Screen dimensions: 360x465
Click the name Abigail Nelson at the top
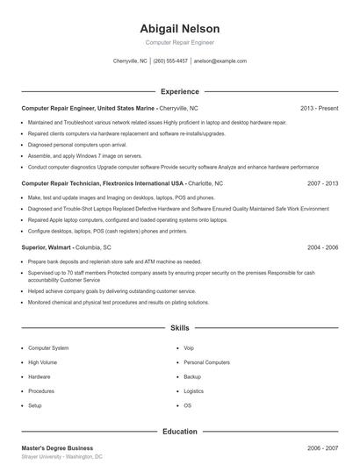pos(179,28)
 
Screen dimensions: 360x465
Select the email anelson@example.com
pos(220,61)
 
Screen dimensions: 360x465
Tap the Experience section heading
pos(179,91)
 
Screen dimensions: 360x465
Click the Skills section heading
pos(179,328)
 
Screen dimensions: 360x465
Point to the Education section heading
pos(179,432)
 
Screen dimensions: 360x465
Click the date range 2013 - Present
pos(319,108)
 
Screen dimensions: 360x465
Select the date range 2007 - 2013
pos(323,184)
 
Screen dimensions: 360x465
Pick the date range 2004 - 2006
pos(323,248)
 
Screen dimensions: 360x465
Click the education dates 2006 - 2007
pos(323,447)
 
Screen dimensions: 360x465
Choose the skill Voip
pos(189,348)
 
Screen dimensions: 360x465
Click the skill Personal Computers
pos(206,362)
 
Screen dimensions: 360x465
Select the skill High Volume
pos(42,362)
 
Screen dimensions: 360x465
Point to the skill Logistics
pos(193,391)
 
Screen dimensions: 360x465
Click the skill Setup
pos(35,405)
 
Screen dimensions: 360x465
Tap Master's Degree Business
pos(56,447)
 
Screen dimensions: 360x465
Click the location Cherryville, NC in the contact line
pos(131,61)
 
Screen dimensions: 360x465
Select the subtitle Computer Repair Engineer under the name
pos(179,42)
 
